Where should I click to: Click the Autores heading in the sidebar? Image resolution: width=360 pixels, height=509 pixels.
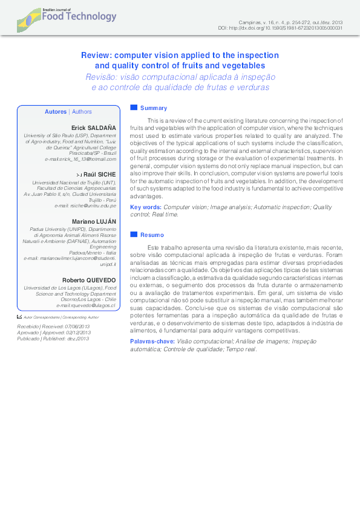tap(56, 112)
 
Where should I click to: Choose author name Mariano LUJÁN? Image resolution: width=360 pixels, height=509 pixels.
tap(94, 222)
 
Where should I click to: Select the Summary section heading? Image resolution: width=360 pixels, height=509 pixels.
tap(153, 108)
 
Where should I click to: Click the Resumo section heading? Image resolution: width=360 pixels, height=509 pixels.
tap(152, 234)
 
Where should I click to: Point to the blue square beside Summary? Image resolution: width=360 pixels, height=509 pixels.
tap(134, 108)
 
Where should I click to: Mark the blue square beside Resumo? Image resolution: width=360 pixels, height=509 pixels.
tap(134, 234)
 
